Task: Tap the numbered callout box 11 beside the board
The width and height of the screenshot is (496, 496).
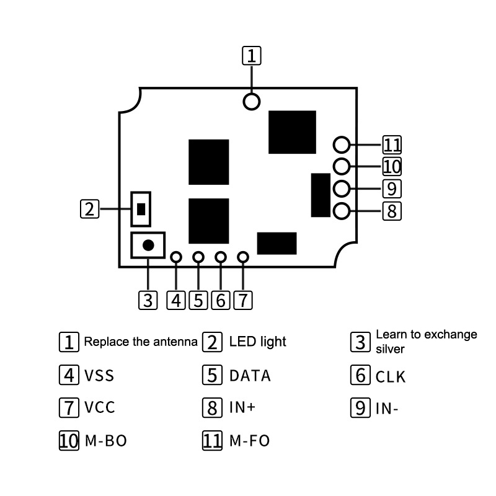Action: tap(392, 145)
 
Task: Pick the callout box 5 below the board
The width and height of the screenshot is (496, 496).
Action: tap(198, 300)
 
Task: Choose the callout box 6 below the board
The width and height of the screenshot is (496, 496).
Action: tap(221, 300)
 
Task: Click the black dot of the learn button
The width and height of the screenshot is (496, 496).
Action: tap(148, 245)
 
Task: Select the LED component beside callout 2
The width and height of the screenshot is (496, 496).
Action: tap(141, 209)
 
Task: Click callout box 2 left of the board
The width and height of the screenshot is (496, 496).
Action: tap(90, 209)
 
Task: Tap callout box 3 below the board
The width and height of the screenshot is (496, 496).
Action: tap(148, 300)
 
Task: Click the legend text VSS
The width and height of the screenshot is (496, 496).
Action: tap(99, 376)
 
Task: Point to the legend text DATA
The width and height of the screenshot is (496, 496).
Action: tap(250, 376)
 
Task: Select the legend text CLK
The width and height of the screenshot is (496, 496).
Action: tap(391, 377)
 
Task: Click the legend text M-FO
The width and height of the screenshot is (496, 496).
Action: tap(249, 441)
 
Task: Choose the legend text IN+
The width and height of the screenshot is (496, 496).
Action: tap(242, 407)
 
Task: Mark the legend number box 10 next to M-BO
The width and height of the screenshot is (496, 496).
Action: tap(69, 441)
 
